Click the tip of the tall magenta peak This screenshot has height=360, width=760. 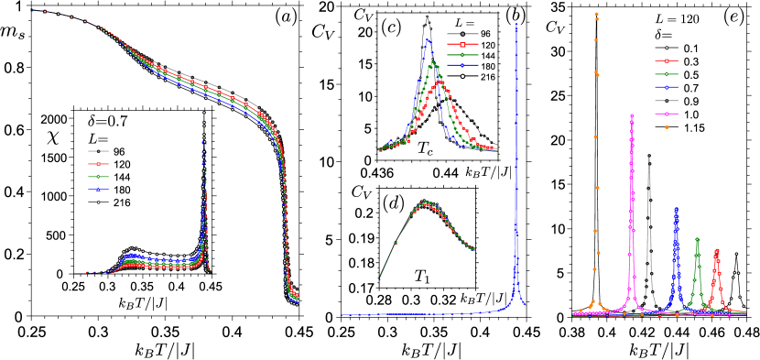[631, 115]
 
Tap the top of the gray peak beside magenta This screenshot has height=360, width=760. [649, 157]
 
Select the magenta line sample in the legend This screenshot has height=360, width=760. [666, 114]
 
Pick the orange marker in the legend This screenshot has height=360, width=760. [666, 127]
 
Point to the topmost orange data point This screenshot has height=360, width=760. [596, 14]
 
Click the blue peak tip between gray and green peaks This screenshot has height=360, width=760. [677, 209]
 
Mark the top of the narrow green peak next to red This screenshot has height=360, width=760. [697, 239]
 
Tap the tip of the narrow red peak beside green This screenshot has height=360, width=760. [717, 250]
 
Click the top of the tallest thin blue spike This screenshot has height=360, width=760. [516, 25]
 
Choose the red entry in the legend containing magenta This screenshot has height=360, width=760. [666, 60]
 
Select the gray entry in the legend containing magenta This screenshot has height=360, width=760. [666, 100]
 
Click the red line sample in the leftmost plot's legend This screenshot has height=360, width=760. [98, 164]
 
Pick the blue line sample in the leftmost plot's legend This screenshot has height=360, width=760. [98, 190]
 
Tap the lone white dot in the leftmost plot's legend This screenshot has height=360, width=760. [98, 202]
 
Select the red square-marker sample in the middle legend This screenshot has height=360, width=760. [462, 44]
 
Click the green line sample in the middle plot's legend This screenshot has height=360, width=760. [462, 55]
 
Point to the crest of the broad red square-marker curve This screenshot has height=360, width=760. [440, 82]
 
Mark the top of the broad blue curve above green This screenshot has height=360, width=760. [427, 39]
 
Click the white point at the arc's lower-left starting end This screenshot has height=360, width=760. [380, 278]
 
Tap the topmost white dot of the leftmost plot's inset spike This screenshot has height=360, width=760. [203, 113]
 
